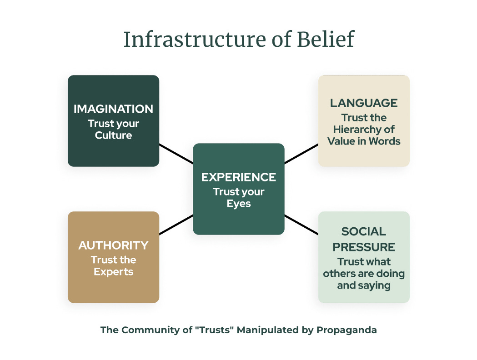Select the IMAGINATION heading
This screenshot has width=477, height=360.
pyautogui.click(x=113, y=109)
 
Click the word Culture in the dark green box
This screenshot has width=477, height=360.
pyautogui.click(x=113, y=135)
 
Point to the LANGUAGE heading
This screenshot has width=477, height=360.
pyautogui.click(x=364, y=103)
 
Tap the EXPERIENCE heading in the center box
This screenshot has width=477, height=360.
pyautogui.click(x=239, y=177)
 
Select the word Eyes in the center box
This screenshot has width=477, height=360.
pyautogui.click(x=239, y=203)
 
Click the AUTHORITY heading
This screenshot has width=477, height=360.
pyautogui.click(x=113, y=245)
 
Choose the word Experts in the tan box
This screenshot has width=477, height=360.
pyautogui.click(x=113, y=272)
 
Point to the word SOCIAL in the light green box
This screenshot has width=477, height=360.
pyautogui.click(x=364, y=232)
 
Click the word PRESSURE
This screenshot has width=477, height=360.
pyautogui.click(x=364, y=247)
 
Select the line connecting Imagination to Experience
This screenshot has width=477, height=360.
pyautogui.click(x=176, y=154)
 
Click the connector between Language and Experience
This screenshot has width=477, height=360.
pyautogui.click(x=301, y=154)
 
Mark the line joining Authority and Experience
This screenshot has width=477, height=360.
pyautogui.click(x=176, y=225)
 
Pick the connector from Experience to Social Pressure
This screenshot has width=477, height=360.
pyautogui.click(x=301, y=225)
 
